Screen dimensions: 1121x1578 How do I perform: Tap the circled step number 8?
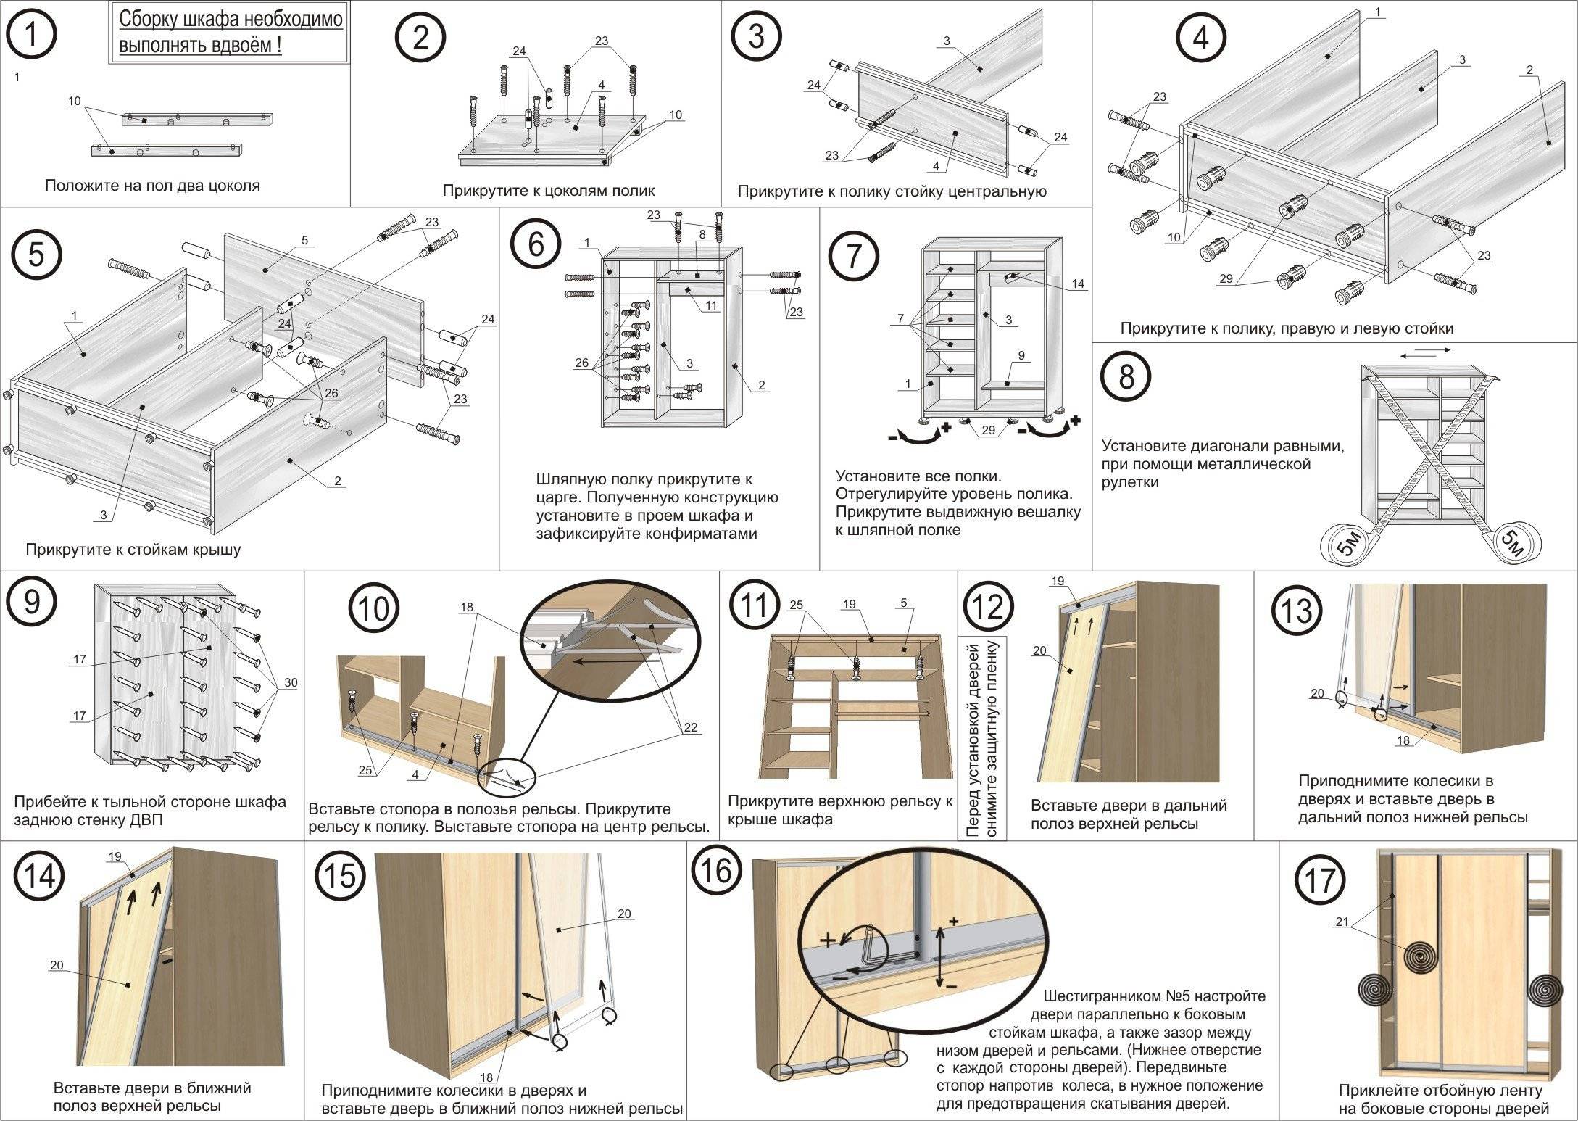pos(1126,377)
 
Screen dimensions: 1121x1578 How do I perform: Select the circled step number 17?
pos(1320,880)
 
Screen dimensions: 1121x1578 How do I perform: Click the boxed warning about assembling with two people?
pos(230,33)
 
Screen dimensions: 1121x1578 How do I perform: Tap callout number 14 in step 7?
pos(1078,284)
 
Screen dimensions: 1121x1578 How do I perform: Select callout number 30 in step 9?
pos(290,682)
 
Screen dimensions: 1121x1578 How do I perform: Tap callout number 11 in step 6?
pos(711,305)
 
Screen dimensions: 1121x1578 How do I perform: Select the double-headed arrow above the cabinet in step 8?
pos(1425,352)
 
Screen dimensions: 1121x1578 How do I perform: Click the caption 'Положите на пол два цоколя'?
pos(152,186)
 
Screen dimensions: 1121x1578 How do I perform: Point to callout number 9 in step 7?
pos(1021,356)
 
